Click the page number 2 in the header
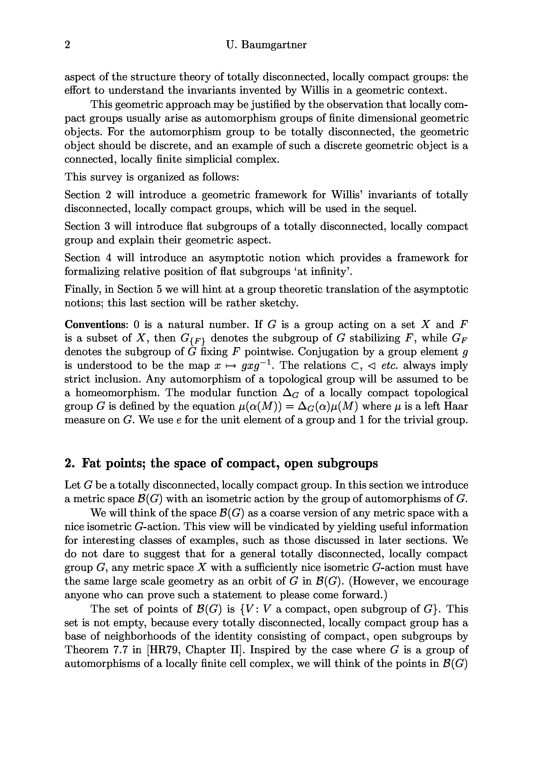click(68, 45)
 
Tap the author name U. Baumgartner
click(266, 45)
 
